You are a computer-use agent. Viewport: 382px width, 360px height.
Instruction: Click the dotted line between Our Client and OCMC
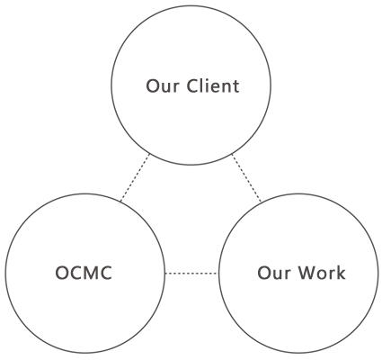[x=135, y=177]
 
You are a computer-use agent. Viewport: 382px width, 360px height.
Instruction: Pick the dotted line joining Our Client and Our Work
[x=246, y=177]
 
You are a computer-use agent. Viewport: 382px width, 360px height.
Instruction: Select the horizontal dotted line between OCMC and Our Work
[x=191, y=274]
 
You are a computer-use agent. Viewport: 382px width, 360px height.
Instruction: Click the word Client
[x=213, y=85]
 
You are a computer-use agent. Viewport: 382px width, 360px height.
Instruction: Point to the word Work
[x=322, y=273]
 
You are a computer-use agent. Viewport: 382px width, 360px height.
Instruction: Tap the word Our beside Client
[x=163, y=86]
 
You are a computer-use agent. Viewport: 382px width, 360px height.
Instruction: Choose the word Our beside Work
[x=274, y=273]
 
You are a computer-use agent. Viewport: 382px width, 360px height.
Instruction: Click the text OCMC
[x=84, y=273]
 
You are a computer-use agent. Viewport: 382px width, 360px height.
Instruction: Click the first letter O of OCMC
[x=62, y=273]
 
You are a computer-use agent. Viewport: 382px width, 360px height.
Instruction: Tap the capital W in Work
[x=307, y=273]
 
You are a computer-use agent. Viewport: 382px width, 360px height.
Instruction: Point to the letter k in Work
[x=341, y=273]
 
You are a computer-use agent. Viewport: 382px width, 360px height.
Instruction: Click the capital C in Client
[x=192, y=86]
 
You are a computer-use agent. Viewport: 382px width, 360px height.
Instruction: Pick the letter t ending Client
[x=236, y=86]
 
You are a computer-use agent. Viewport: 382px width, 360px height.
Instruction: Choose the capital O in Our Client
[x=153, y=86]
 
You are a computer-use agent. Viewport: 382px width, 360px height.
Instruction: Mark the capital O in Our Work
[x=264, y=273]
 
